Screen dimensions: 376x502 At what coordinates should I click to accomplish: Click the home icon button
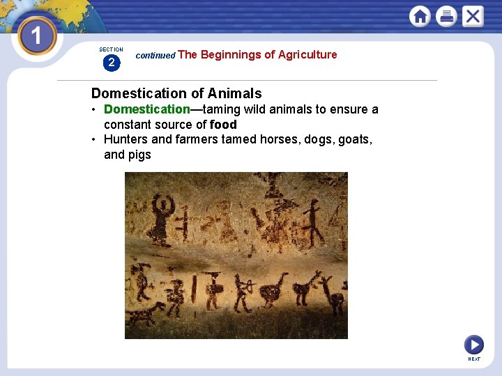[x=420, y=16]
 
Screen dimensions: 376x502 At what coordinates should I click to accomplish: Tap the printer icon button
[x=446, y=16]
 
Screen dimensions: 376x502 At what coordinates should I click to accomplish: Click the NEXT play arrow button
[x=473, y=344]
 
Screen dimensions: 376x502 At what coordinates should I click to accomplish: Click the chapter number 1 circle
[x=36, y=35]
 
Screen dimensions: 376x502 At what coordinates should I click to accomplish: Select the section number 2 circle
[x=111, y=63]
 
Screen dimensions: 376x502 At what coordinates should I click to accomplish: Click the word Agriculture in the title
[x=307, y=54]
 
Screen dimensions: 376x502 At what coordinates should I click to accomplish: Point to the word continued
[x=155, y=55]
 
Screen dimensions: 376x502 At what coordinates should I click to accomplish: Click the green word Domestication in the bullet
[x=146, y=109]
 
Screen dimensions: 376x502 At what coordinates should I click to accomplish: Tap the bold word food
[x=223, y=125]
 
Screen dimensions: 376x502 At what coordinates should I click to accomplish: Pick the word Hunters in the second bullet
[x=125, y=139]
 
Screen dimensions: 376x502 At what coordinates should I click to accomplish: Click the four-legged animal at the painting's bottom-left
[x=146, y=315]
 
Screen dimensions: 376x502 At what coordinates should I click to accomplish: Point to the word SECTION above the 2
[x=111, y=49]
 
